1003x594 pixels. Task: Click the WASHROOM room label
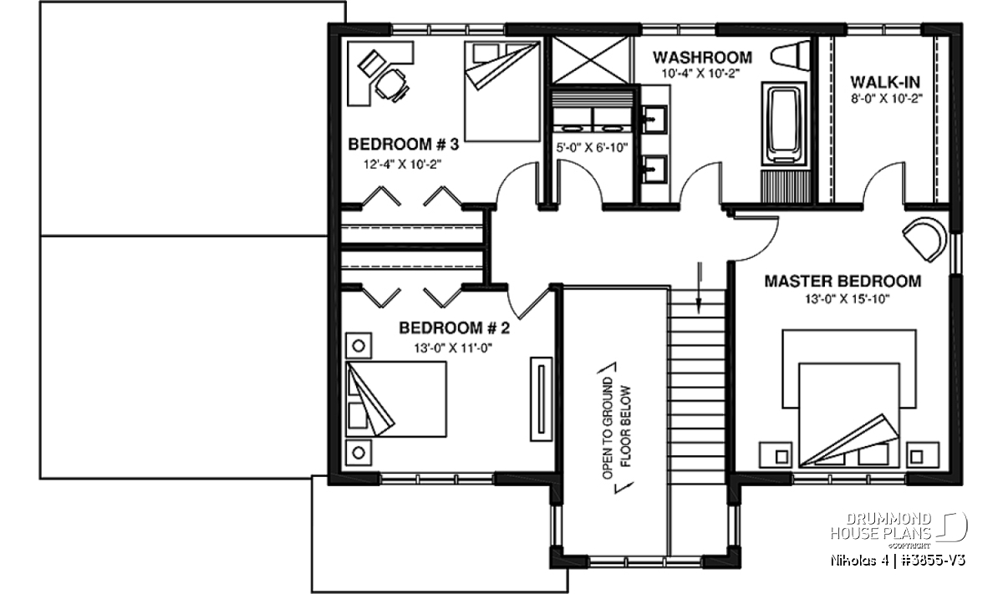pyautogui.click(x=702, y=58)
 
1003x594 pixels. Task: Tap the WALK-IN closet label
pyautogui.click(x=885, y=83)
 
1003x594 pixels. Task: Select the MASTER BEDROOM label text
pyautogui.click(x=843, y=281)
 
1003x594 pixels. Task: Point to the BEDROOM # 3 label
pyautogui.click(x=404, y=145)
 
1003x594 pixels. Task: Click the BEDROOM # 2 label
pyautogui.click(x=454, y=328)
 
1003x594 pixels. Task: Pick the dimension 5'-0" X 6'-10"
pyautogui.click(x=592, y=147)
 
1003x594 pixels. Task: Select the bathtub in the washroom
pyautogui.click(x=784, y=125)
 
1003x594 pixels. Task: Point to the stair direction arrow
pyautogui.click(x=699, y=289)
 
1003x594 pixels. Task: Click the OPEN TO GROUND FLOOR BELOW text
pyautogui.click(x=616, y=428)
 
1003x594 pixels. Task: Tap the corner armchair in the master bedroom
pyautogui.click(x=925, y=239)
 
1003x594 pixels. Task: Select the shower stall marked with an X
pyautogui.click(x=591, y=60)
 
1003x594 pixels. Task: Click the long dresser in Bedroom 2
pyautogui.click(x=541, y=399)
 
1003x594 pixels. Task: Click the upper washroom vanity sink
pyautogui.click(x=654, y=119)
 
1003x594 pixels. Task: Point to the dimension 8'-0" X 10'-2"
pyautogui.click(x=887, y=99)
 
